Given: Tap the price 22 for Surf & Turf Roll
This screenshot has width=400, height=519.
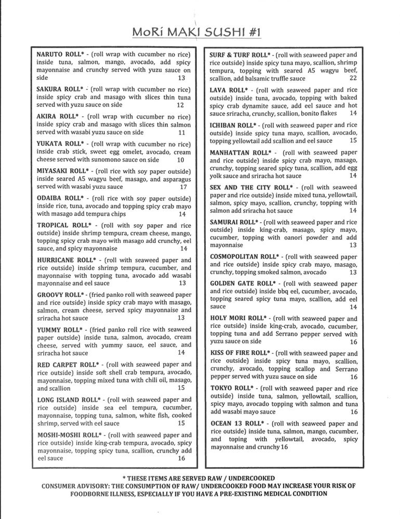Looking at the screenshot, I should coord(353,78).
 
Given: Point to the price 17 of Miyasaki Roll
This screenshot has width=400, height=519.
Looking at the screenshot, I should coord(183,187).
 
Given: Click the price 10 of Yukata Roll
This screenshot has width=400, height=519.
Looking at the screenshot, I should coord(181,160).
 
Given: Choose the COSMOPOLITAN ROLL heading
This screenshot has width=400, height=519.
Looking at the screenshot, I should coord(244,256).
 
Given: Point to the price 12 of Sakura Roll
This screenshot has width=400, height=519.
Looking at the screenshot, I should coord(180,105).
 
